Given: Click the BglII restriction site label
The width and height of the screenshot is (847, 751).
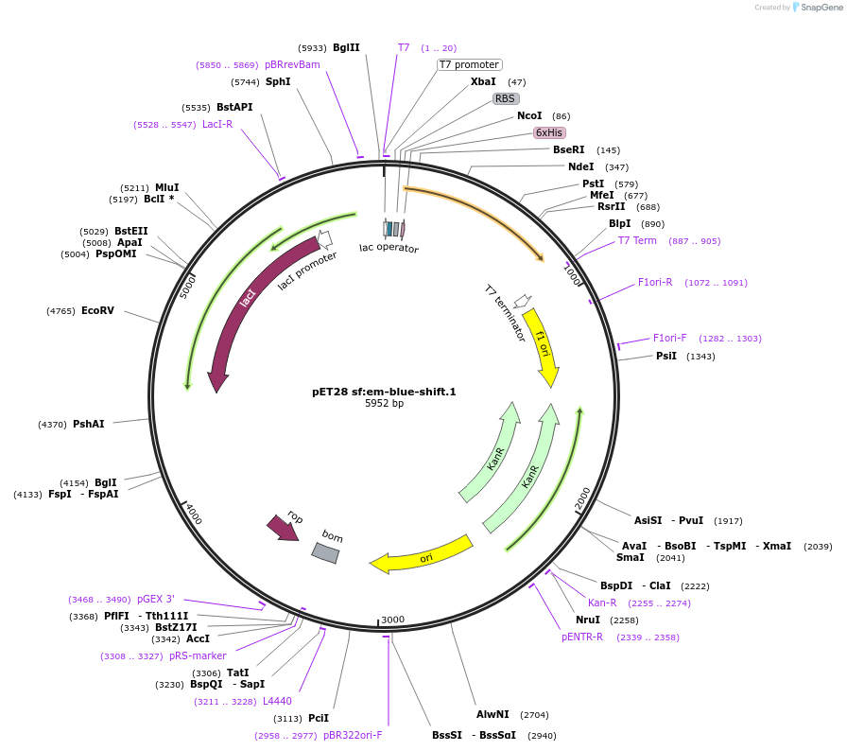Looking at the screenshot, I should point(346,47).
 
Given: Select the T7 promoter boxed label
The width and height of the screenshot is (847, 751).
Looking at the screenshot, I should point(469,64).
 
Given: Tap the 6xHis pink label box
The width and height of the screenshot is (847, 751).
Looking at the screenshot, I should point(549,132).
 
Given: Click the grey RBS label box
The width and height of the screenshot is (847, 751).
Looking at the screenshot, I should point(506,98).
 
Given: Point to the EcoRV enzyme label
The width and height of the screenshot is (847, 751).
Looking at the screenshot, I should point(97,310).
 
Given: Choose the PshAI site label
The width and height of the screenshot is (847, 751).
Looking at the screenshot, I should point(89,424).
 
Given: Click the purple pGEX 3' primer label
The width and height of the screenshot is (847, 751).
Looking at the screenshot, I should point(156,599).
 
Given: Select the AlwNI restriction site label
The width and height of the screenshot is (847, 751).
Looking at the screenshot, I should point(493,714).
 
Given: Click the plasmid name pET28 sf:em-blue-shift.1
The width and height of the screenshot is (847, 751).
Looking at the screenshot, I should point(384,391).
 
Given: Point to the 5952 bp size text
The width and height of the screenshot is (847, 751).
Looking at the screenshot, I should point(384,403).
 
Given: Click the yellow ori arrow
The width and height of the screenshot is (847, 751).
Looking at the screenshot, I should point(422,555).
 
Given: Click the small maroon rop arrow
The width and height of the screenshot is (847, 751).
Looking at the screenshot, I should point(283,528).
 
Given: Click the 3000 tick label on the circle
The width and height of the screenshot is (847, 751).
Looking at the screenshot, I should point(392,620).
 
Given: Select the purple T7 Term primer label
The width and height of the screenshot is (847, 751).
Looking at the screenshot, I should point(637,240).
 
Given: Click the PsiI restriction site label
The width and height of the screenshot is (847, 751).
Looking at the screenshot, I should point(666,356).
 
